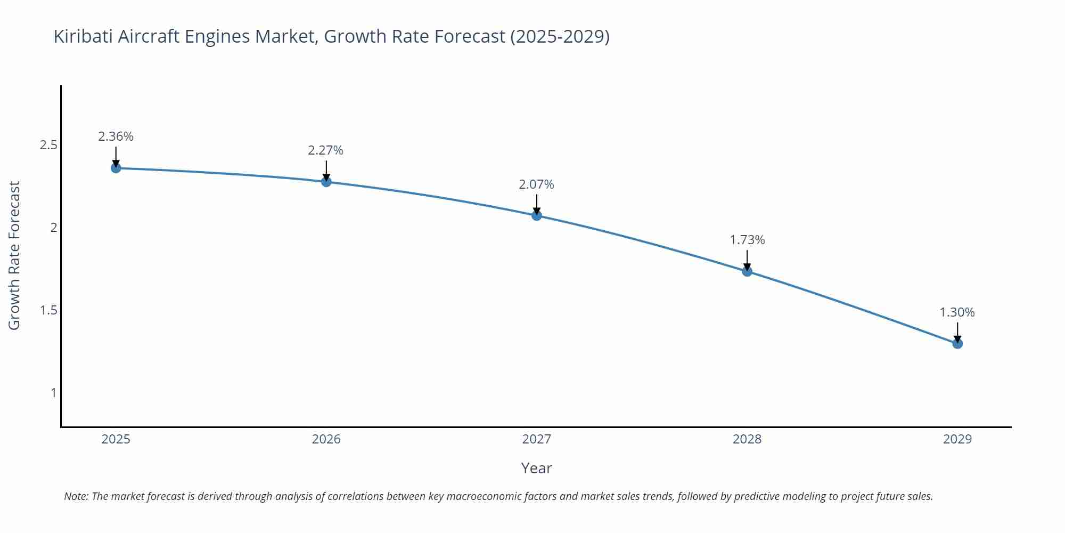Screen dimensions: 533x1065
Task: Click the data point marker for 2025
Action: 116,168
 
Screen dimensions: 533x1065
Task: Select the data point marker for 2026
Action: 326,182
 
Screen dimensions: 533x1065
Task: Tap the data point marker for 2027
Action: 537,215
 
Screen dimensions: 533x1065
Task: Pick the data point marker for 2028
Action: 747,271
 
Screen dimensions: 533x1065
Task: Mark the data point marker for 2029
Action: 957,344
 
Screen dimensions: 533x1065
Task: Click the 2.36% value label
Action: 116,136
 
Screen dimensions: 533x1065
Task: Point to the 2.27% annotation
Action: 325,150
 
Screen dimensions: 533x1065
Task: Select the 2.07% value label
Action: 536,184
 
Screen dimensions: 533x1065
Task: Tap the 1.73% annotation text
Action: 747,240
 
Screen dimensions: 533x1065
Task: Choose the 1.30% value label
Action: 957,312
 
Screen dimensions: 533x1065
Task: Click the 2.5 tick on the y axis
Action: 48,145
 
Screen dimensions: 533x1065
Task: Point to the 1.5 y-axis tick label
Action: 48,310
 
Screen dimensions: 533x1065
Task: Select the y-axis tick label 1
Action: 53,393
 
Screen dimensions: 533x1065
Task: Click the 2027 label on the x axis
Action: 537,439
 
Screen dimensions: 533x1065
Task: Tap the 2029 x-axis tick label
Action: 957,439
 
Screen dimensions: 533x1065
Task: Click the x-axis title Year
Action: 536,468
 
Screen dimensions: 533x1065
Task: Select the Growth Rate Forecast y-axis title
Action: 14,255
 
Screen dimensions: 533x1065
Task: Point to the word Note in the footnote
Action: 76,496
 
